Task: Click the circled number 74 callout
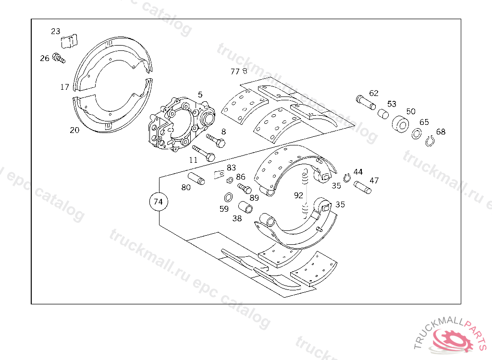(x=158, y=202)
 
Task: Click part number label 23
(x=56, y=31)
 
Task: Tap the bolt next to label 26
(x=59, y=59)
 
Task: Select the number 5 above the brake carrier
(x=200, y=95)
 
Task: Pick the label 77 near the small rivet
(x=235, y=72)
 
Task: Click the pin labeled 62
(x=366, y=102)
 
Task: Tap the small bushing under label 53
(x=383, y=114)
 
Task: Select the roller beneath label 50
(x=400, y=124)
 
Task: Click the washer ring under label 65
(x=417, y=134)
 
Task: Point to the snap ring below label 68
(x=430, y=141)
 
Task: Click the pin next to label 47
(x=363, y=187)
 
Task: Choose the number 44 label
(x=358, y=172)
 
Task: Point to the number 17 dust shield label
(x=65, y=87)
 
